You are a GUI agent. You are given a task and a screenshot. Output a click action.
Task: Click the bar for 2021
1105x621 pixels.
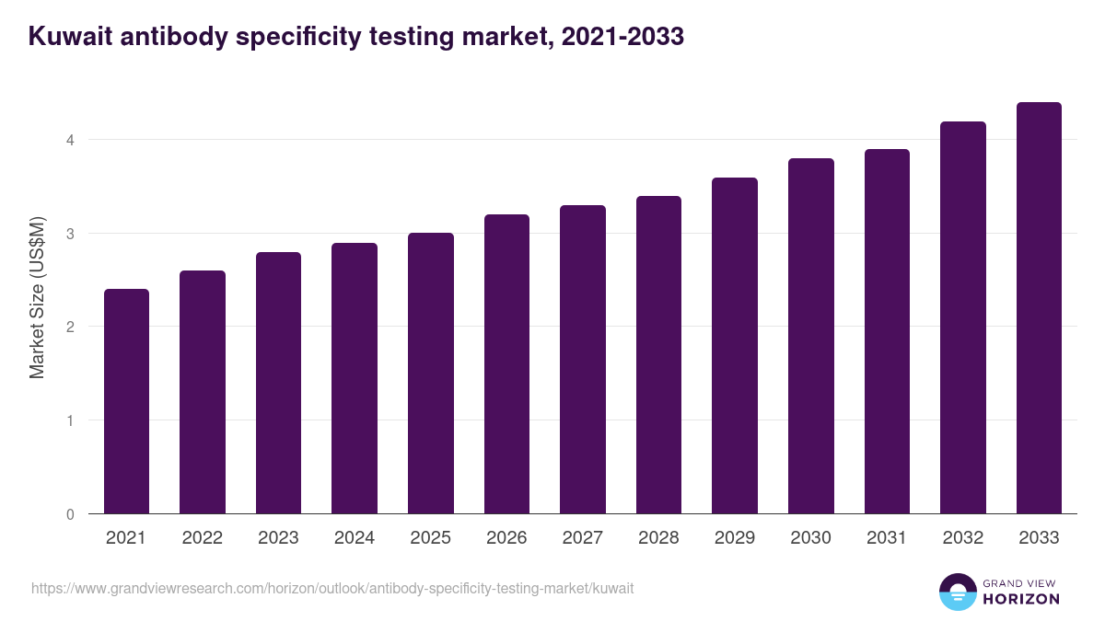click(126, 401)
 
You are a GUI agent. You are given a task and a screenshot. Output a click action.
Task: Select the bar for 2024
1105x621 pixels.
click(355, 378)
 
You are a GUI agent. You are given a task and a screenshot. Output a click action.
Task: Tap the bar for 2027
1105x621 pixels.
click(583, 360)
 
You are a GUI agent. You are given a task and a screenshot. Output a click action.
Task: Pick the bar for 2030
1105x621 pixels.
click(811, 336)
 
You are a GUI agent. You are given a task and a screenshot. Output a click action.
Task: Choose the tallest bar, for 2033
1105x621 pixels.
click(1039, 308)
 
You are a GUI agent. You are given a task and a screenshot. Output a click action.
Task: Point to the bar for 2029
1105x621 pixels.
click(735, 346)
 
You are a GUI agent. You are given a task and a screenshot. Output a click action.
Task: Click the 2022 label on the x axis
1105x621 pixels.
click(202, 538)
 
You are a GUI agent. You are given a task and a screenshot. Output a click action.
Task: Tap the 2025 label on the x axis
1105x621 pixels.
click(430, 538)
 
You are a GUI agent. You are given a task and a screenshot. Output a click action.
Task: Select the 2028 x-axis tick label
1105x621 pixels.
click(658, 538)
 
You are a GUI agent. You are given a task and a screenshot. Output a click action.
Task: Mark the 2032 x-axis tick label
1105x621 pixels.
click(963, 538)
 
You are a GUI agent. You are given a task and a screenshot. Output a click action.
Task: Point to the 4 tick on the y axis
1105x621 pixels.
click(69, 140)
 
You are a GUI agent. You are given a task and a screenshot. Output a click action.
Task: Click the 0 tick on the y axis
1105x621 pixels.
click(69, 514)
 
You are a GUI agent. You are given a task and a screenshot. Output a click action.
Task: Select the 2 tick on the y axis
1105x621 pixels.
click(69, 327)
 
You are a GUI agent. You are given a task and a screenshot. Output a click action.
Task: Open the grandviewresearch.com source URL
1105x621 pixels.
click(332, 588)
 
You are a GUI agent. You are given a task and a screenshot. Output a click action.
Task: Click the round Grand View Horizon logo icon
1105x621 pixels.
click(957, 592)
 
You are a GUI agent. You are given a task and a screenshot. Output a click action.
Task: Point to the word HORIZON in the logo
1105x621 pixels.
click(1021, 599)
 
